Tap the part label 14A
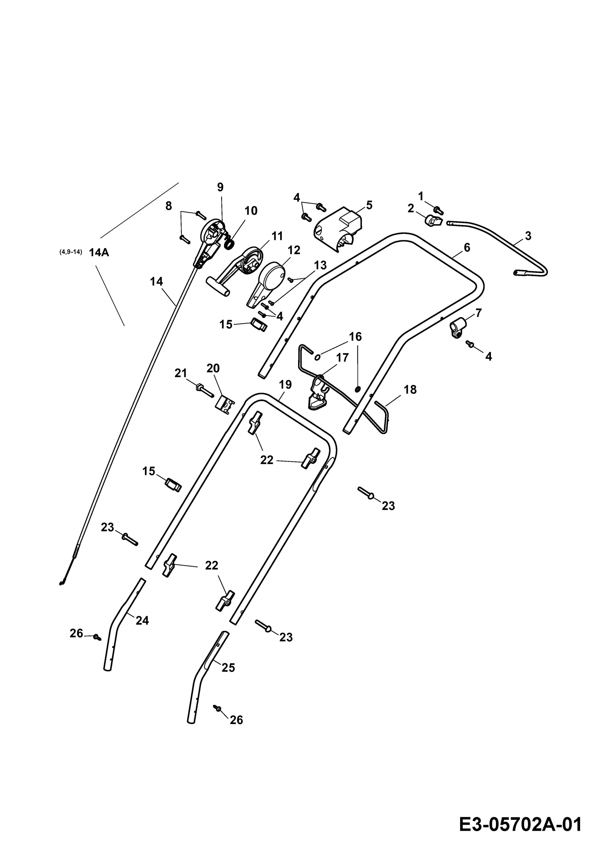(99, 253)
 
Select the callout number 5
(369, 205)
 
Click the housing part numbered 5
(337, 229)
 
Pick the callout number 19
(285, 385)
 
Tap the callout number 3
(528, 236)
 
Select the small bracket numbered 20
(224, 405)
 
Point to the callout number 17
(342, 357)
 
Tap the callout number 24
(142, 620)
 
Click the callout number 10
(251, 211)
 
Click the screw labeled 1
(438, 210)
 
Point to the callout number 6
(467, 248)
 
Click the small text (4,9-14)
(70, 252)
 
